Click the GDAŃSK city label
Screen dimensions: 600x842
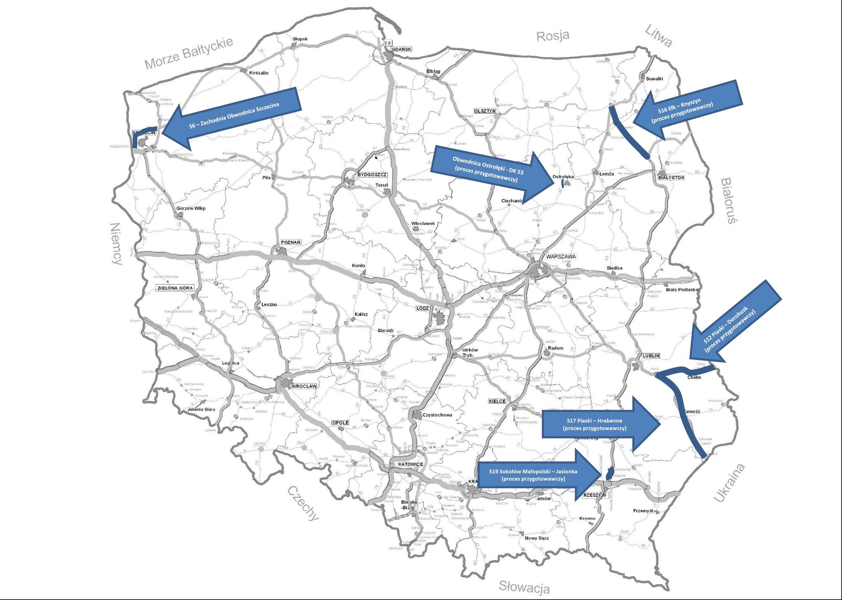401,49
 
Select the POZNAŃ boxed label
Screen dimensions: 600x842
291,242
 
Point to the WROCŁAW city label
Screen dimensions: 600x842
304,386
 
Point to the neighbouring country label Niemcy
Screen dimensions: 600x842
116,244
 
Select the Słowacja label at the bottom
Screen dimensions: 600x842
524,587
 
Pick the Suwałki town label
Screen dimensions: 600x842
654,79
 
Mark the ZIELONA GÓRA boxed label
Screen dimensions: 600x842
175,288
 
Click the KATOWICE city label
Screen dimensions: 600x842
411,464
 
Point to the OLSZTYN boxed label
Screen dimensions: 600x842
485,111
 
